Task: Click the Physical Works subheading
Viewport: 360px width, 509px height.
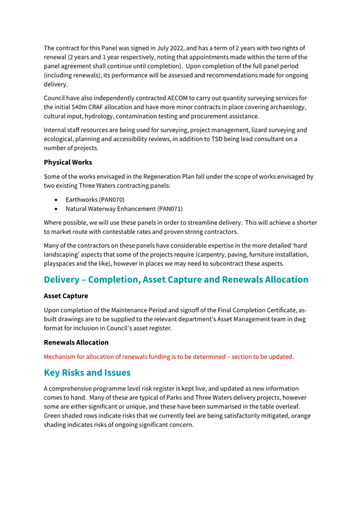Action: [68, 162]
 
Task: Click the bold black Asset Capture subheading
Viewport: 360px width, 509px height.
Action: [66, 295]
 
